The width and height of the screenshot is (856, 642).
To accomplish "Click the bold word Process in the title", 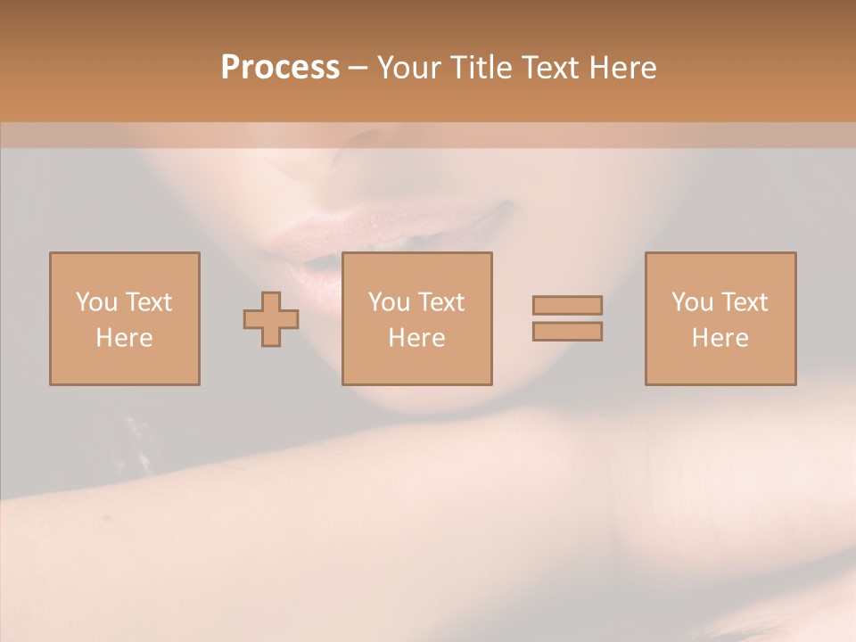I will coord(280,68).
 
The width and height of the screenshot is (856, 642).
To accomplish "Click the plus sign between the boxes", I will coord(271,318).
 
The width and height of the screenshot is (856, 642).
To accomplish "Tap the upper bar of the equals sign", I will coord(567,305).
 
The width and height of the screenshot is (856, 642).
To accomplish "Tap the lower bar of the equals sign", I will coord(567,332).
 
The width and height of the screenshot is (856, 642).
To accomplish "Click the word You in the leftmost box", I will coord(97,302).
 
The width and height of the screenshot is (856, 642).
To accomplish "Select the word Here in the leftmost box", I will coord(124,338).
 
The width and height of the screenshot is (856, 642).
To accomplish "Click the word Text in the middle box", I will coord(440,302).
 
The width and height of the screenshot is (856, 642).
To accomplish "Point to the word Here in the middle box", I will coord(416,338).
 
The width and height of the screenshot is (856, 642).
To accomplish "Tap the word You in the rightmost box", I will coord(693,302).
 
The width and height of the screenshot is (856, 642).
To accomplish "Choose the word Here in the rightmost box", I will coord(720,338).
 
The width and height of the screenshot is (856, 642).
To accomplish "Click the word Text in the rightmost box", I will coord(744,302).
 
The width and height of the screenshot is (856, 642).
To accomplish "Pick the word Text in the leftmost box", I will coord(148,302).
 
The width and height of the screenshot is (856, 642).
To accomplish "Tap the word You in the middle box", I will coord(390,302).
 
